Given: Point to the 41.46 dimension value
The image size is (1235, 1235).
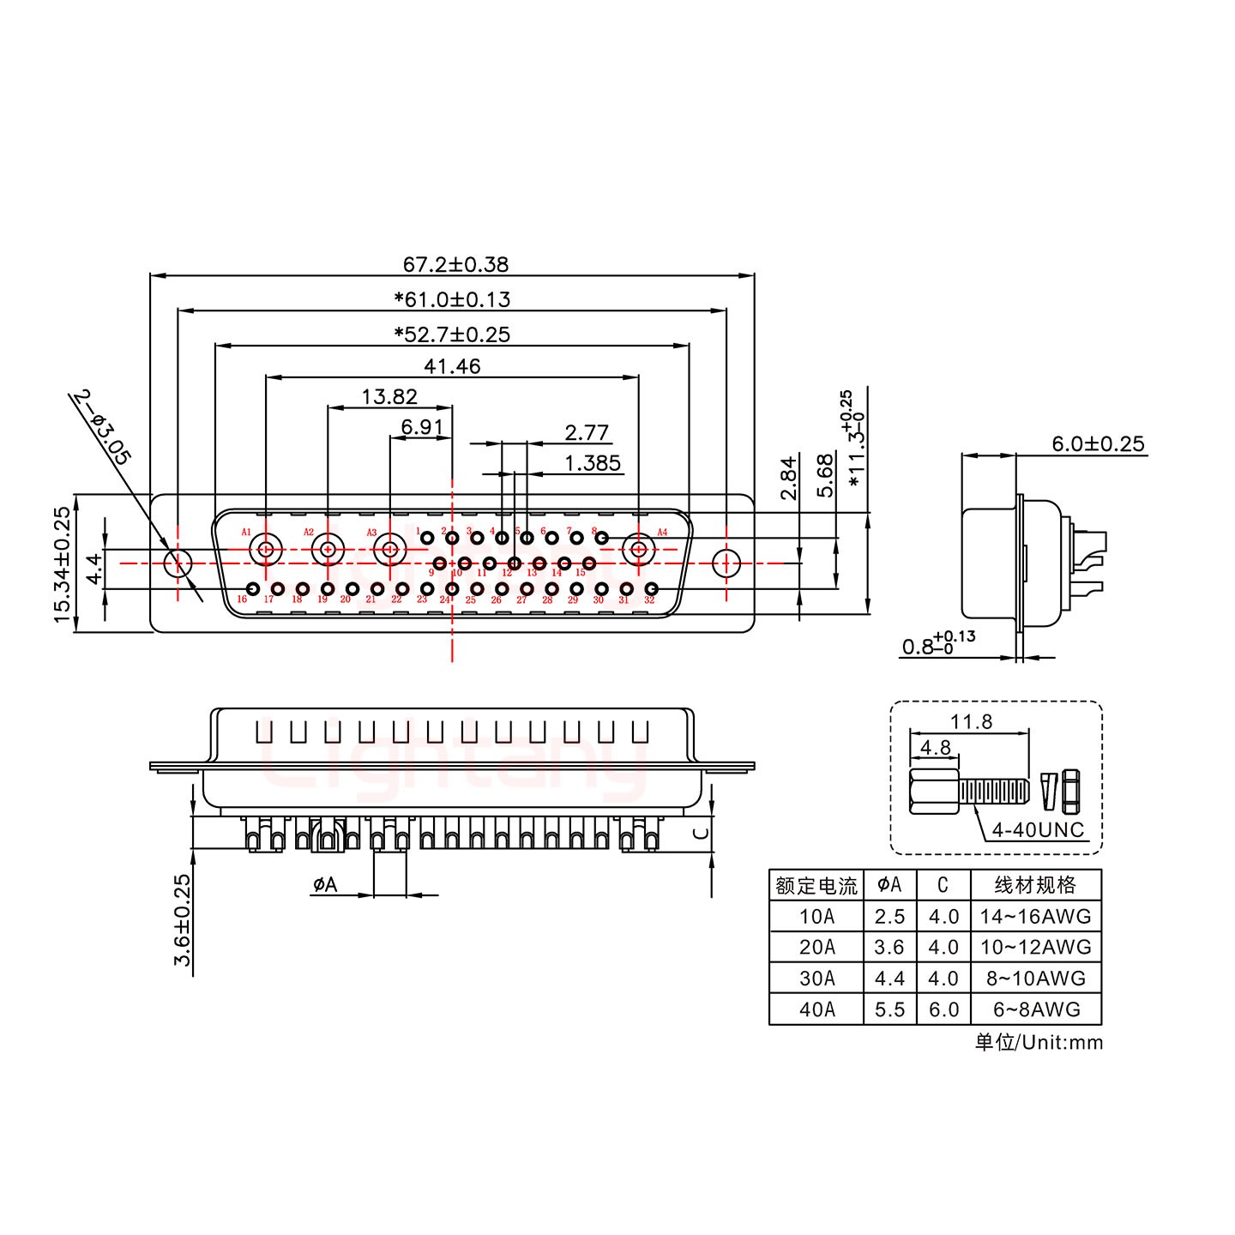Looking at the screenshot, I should point(452,366).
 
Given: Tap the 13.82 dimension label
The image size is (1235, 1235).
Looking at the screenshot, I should point(389,396).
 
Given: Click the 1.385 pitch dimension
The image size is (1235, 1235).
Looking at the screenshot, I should point(593,464).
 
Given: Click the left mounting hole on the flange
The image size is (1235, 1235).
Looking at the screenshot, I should point(178,563).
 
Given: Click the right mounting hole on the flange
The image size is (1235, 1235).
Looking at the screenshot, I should point(726,563).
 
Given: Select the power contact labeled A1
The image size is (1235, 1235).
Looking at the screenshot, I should point(266,549).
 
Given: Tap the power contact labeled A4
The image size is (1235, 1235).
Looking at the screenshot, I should point(638,549).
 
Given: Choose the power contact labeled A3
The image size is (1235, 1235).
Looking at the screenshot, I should point(390,549).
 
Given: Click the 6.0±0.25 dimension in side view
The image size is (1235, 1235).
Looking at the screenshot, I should point(1098,443).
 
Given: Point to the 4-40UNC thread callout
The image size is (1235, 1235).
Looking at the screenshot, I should point(1038,830).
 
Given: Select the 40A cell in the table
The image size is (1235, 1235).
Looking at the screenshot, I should point(816,1009).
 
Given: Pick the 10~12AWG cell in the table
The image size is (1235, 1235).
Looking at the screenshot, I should point(1035,947).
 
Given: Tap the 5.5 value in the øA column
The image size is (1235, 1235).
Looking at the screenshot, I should point(889,1009).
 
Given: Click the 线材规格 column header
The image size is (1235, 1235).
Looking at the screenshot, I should point(1035,884).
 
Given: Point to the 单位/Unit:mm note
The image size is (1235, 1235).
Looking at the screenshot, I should point(1039,1042).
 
